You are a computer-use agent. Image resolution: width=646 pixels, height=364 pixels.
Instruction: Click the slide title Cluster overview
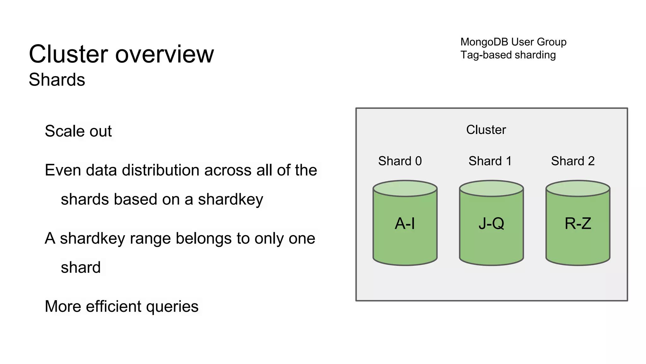click(121, 54)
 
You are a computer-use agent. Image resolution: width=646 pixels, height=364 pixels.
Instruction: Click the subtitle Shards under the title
click(57, 80)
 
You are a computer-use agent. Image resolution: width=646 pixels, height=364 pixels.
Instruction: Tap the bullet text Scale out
click(78, 131)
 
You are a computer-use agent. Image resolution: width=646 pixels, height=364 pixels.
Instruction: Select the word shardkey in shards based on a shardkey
click(230, 199)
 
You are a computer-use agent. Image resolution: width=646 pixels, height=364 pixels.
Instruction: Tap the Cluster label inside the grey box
click(486, 130)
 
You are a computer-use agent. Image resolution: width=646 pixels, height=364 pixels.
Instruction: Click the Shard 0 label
click(400, 161)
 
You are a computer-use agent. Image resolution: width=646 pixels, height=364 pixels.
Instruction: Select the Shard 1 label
click(490, 161)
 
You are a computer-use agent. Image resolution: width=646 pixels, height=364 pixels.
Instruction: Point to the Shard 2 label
click(573, 161)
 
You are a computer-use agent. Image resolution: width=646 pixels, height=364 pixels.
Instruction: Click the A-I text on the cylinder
click(405, 224)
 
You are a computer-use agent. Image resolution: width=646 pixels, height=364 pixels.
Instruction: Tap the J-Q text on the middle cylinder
click(491, 224)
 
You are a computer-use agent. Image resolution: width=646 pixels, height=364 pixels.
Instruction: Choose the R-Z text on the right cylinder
click(578, 224)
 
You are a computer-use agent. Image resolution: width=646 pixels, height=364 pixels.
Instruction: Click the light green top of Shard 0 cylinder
click(405, 189)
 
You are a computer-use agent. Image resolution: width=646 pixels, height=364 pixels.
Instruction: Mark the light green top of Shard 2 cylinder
click(578, 189)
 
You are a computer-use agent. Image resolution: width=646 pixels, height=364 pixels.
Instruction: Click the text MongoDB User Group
click(513, 42)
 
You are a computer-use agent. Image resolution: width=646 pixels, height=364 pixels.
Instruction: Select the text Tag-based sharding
click(508, 55)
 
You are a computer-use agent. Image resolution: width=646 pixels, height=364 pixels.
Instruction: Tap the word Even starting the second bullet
click(63, 170)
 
